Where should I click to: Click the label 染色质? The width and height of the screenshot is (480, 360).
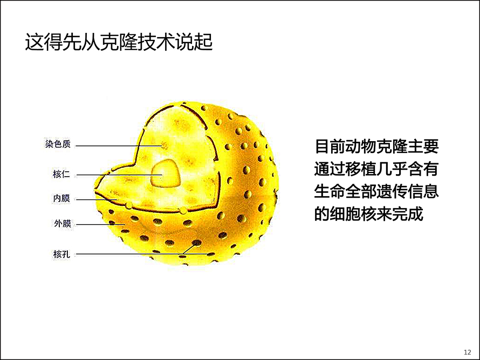[58, 144]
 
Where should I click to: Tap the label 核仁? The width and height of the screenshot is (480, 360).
[61, 175]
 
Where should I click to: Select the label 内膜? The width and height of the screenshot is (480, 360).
[61, 198]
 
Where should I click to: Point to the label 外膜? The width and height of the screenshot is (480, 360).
[63, 224]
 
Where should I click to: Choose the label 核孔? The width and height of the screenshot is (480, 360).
[61, 254]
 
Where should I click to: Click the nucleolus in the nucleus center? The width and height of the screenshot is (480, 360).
[166, 173]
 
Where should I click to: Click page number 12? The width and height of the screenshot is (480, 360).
[468, 352]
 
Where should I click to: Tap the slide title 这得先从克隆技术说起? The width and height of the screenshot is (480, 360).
[119, 42]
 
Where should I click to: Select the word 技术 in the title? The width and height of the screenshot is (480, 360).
[156, 42]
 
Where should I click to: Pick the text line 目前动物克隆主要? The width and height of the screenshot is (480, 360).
[377, 147]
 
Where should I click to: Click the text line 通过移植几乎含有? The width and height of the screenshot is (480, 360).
[377, 169]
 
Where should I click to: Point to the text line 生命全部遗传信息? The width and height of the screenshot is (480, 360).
[377, 191]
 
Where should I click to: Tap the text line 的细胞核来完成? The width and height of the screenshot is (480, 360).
[369, 213]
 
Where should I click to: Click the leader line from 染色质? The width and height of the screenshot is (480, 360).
[119, 146]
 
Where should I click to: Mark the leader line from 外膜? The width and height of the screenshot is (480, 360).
[100, 224]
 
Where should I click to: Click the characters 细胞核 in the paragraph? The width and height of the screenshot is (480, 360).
[353, 213]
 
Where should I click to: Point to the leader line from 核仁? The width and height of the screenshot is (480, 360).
[119, 175]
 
